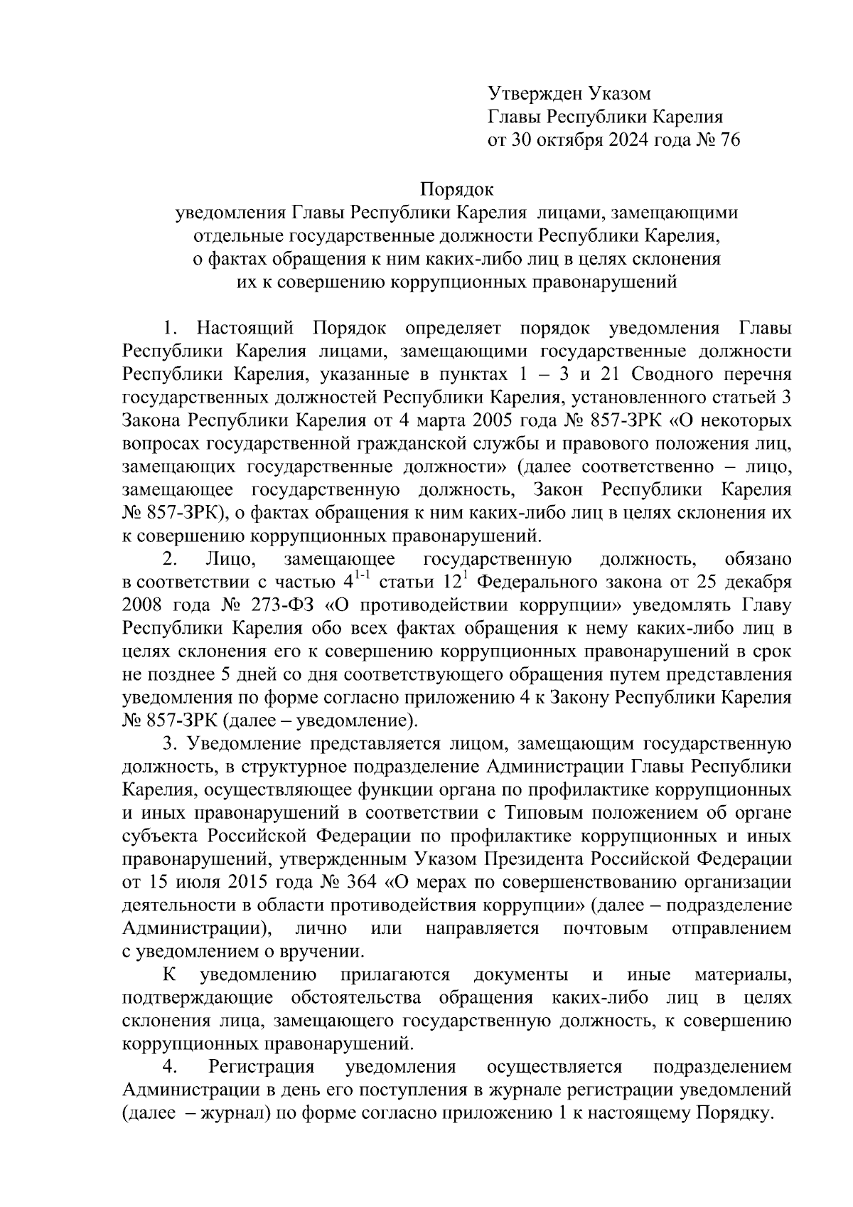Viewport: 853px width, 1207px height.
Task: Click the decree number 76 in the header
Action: pyautogui.click(x=730, y=140)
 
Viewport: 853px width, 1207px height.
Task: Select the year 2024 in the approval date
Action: pyautogui.click(x=626, y=140)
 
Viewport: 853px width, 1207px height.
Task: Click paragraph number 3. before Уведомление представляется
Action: pyautogui.click(x=169, y=744)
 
